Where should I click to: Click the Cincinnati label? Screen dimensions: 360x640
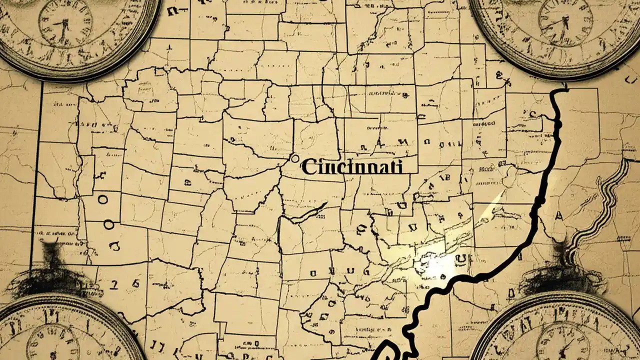pos(352,167)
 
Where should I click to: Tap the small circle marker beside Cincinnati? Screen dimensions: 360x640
pos(294,158)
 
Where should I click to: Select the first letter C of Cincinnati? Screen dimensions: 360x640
pos(309,167)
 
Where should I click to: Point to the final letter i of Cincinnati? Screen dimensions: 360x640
pos(399,166)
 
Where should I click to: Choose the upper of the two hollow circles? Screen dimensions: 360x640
pos(103,199)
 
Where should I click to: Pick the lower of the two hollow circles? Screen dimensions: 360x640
pos(108,225)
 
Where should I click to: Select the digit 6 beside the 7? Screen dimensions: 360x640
pos(134,283)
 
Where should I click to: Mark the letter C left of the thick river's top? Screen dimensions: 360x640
pos(532,114)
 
